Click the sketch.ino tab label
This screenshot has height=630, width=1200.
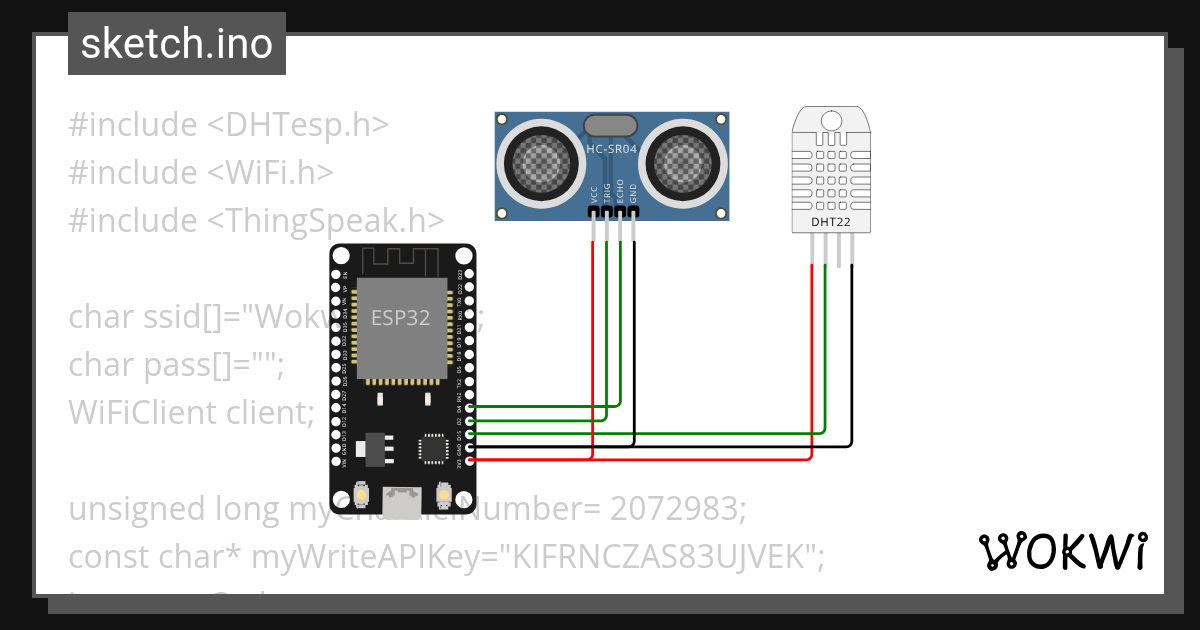[177, 44]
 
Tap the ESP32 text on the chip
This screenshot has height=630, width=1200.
[401, 318]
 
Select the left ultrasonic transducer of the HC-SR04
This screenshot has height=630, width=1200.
[541, 161]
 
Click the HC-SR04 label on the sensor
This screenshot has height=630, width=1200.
[611, 149]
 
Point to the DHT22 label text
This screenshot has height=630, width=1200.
[830, 222]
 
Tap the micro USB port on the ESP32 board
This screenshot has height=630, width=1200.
[405, 501]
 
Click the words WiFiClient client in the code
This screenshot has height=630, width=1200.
[190, 412]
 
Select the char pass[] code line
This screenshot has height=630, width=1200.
[176, 365]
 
